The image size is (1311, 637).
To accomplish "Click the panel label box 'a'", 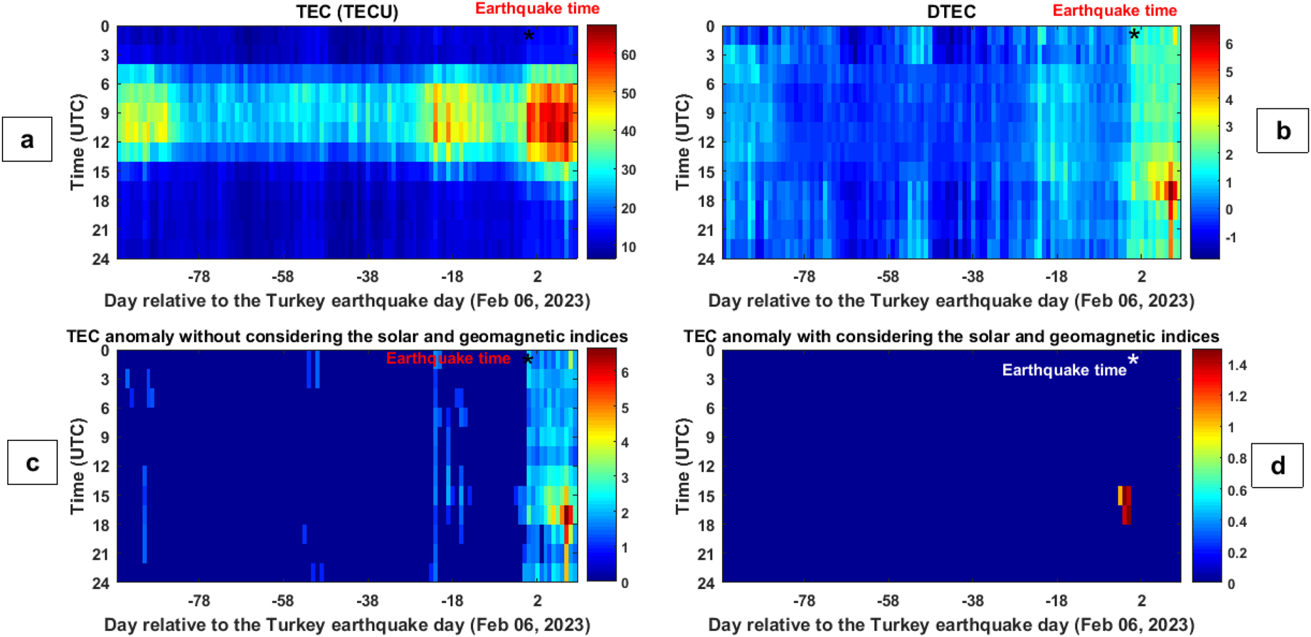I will pyautogui.click(x=27, y=139).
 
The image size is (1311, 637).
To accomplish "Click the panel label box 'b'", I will pyautogui.click(x=1282, y=130).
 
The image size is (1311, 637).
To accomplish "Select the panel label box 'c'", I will pyautogui.click(x=32, y=462).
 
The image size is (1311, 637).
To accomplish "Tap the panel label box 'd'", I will pyautogui.click(x=1277, y=465).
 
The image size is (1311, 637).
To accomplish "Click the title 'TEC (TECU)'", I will pyautogui.click(x=347, y=12).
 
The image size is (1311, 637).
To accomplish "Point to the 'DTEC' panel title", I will pyautogui.click(x=951, y=12).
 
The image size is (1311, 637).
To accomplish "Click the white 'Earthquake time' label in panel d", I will pyautogui.click(x=1064, y=370).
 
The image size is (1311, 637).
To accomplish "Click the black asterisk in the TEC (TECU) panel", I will pyautogui.click(x=529, y=36).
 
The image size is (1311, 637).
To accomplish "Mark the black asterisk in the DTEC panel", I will pyautogui.click(x=1134, y=35).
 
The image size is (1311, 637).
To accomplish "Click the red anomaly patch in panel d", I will pyautogui.click(x=1126, y=504).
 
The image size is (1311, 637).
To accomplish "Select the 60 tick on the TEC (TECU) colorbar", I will pyautogui.click(x=628, y=55).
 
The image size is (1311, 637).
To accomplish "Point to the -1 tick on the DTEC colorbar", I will pyautogui.click(x=1230, y=237).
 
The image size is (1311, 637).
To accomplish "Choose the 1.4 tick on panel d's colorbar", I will pyautogui.click(x=1236, y=366).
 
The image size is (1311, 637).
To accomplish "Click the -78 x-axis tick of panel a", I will pyautogui.click(x=199, y=277).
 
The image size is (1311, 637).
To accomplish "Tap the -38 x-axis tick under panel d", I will pyautogui.click(x=972, y=600).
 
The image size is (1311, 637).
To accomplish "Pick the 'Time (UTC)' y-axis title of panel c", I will pyautogui.click(x=77, y=466).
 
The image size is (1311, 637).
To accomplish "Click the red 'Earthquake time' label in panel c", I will pyautogui.click(x=448, y=358).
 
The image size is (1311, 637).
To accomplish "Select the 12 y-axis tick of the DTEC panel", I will pyautogui.click(x=706, y=142).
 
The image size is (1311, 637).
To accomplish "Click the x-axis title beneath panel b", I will pyautogui.click(x=951, y=301).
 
